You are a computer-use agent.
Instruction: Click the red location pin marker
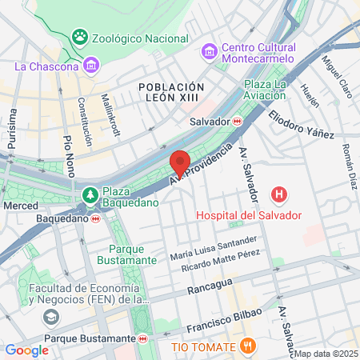[180, 163]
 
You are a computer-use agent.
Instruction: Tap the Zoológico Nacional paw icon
[80, 37]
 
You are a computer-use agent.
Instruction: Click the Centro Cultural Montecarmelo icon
[210, 51]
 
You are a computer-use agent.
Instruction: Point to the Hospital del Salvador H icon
[278, 194]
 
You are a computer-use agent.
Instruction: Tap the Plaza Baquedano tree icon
[90, 194]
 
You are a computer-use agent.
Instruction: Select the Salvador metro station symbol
[237, 122]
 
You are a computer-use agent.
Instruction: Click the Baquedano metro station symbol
[96, 218]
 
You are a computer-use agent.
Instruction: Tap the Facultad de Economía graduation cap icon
[50, 318]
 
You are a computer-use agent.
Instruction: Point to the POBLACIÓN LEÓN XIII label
[171, 93]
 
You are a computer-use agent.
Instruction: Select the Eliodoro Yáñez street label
[301, 125]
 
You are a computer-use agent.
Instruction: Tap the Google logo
[26, 350]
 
